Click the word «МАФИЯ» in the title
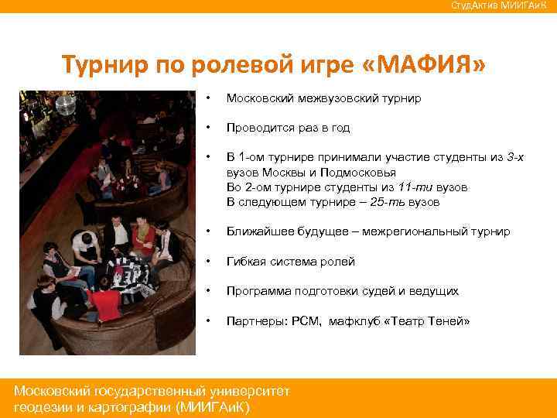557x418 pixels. coord(424,67)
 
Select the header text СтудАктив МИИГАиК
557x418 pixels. coord(502,6)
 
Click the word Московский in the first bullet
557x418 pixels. coord(260,99)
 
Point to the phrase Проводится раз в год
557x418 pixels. coord(289,128)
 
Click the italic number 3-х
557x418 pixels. coord(515,157)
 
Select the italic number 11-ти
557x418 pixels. coord(409,187)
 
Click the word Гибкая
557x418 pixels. coord(245,261)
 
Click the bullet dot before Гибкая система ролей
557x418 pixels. coord(208,261)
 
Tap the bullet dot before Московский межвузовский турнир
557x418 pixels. coord(208,99)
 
